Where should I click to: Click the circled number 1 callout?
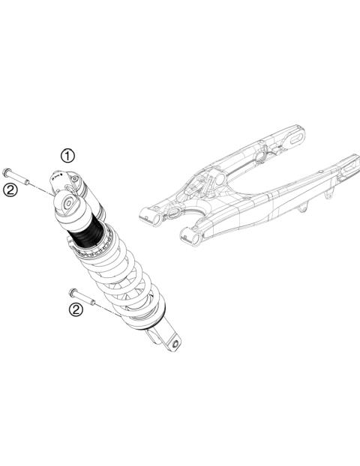[x=68, y=156]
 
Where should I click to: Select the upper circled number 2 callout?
[x=10, y=190]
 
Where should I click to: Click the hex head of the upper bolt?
[x=7, y=172]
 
